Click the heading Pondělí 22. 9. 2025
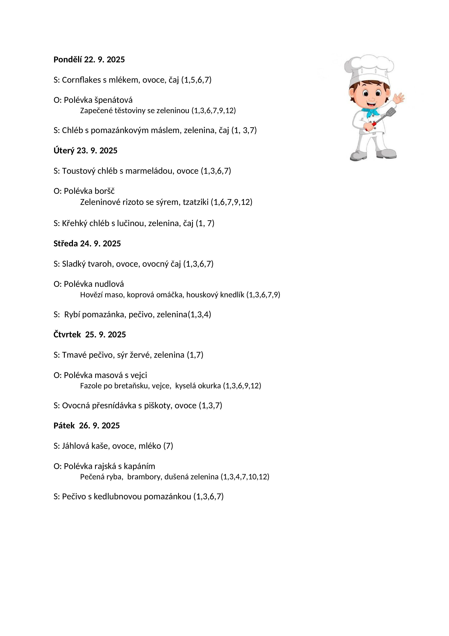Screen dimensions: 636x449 pos(89,59)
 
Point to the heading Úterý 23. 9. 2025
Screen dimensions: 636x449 pos(85,150)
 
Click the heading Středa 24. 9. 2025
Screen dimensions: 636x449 pos(87,243)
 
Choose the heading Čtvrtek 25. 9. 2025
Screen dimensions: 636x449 pos(90,335)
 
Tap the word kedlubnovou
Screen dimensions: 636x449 pos(118,496)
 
